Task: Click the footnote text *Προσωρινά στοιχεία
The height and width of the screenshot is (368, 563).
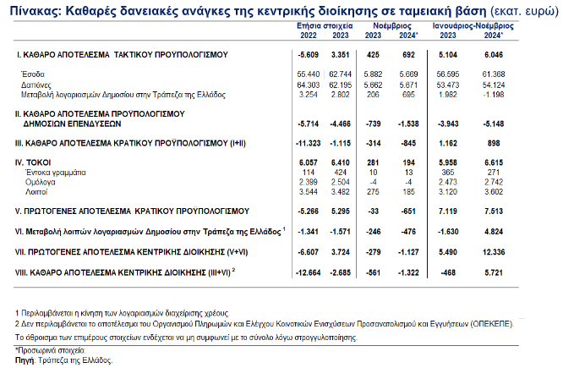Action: point(46,349)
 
